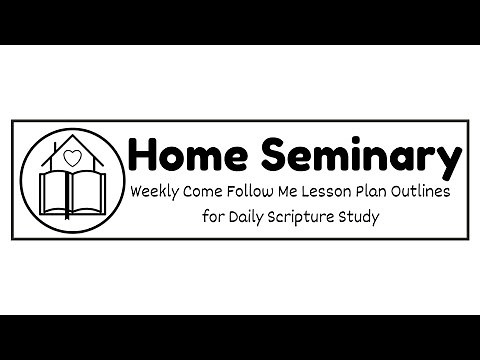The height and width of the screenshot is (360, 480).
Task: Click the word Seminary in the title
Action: point(356,156)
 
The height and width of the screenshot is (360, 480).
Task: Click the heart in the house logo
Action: point(70,156)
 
